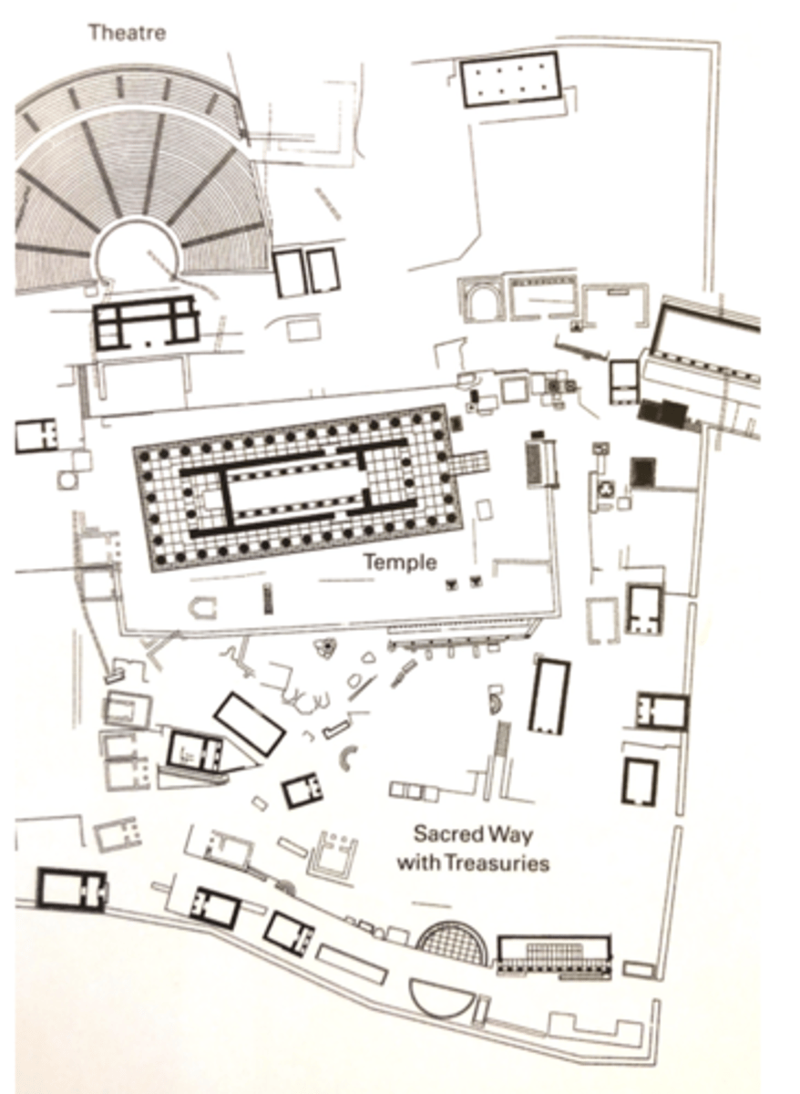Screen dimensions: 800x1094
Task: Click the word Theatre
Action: click(128, 33)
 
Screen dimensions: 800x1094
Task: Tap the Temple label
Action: click(400, 562)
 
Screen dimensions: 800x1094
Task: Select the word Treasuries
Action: click(497, 863)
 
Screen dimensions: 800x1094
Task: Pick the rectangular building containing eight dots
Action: click(510, 79)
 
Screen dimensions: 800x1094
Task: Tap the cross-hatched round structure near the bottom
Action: click(453, 942)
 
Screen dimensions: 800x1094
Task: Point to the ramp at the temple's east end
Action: click(469, 461)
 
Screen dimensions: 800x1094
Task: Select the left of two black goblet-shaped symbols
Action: click(452, 583)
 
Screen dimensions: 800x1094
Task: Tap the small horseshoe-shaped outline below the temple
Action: click(202, 609)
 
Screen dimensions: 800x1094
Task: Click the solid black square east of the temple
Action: click(643, 472)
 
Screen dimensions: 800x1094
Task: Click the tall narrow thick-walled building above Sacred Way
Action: click(549, 697)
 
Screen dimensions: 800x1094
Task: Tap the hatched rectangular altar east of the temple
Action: click(541, 463)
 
